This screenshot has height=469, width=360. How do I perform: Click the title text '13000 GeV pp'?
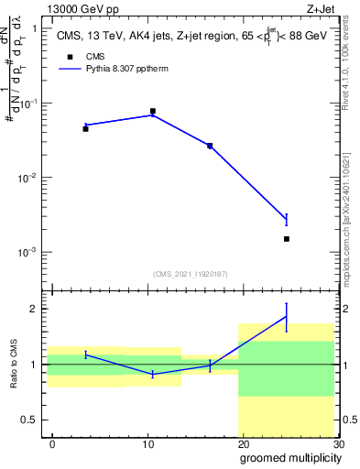81,9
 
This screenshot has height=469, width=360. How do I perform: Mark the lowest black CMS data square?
287,239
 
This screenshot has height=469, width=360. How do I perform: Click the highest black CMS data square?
152,111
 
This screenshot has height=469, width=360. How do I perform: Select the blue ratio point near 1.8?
287,317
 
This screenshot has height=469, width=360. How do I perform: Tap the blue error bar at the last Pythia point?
287,219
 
